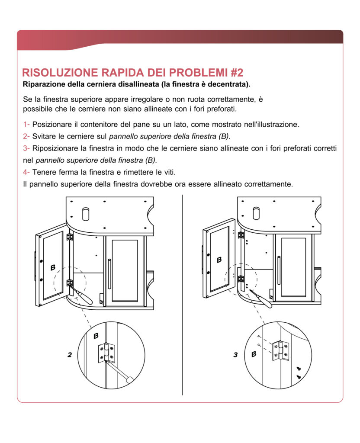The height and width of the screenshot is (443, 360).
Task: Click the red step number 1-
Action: click(x=26, y=125)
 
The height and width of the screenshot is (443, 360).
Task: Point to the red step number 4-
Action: click(x=26, y=172)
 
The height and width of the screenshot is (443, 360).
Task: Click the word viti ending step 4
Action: click(x=167, y=172)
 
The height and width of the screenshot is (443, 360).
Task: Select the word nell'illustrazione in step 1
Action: click(x=270, y=125)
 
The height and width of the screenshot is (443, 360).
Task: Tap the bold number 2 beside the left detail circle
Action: click(x=69, y=355)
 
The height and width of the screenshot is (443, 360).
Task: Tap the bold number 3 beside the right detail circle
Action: click(x=235, y=355)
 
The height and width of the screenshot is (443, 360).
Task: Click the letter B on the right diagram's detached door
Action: click(x=219, y=260)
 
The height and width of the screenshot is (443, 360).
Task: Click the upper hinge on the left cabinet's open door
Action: click(x=69, y=237)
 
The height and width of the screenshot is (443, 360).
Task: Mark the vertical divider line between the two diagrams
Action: click(x=182, y=294)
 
